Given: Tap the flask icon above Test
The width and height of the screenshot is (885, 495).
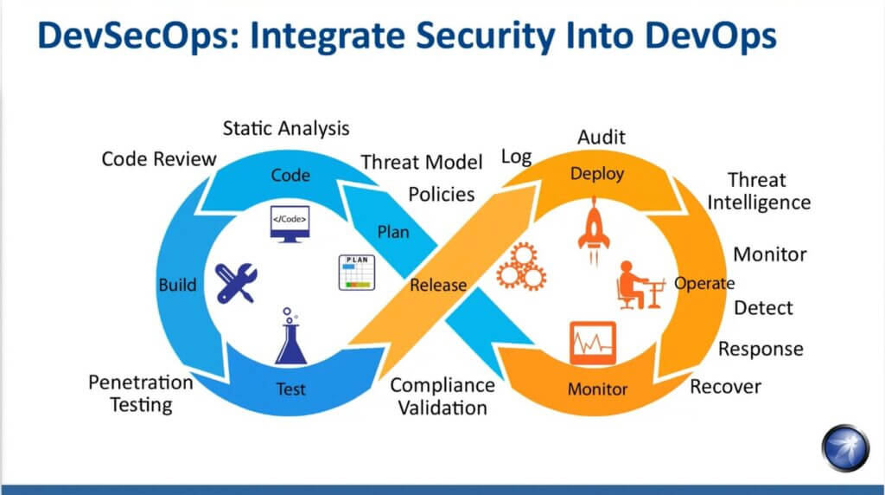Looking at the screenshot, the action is coord(290,337).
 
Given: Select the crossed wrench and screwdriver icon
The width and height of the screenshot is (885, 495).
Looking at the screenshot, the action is coord(236,283).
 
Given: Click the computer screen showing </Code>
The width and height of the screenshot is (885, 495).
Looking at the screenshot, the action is coord(290,224).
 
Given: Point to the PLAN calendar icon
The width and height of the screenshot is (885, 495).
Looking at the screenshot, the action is coord(357,273).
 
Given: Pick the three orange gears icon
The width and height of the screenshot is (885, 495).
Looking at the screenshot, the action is coord(521,267).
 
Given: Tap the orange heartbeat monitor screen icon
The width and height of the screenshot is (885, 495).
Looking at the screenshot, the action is coord(593,343).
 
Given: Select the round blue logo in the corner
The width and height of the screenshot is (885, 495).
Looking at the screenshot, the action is coord(845,447).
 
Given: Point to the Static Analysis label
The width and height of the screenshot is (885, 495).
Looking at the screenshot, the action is coord(285,128).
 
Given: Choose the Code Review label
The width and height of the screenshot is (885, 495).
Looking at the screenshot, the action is coord(159,158).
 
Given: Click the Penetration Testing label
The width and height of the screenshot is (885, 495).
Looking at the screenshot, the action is coord(141,394).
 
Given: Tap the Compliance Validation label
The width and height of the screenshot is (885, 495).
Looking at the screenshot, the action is coord(442,396).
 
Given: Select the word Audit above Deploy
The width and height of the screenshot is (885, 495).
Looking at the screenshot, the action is coord(602,138).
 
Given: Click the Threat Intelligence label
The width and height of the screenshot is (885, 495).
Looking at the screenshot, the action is coord(759,191).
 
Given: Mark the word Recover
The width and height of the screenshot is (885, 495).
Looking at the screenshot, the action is coord(725,387).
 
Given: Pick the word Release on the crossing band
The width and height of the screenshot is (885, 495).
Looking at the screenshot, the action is coord(438,285).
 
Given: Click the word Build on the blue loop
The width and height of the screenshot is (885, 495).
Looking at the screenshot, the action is coord(177,284).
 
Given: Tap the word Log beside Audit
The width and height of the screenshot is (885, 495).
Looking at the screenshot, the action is coord(517,157).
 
